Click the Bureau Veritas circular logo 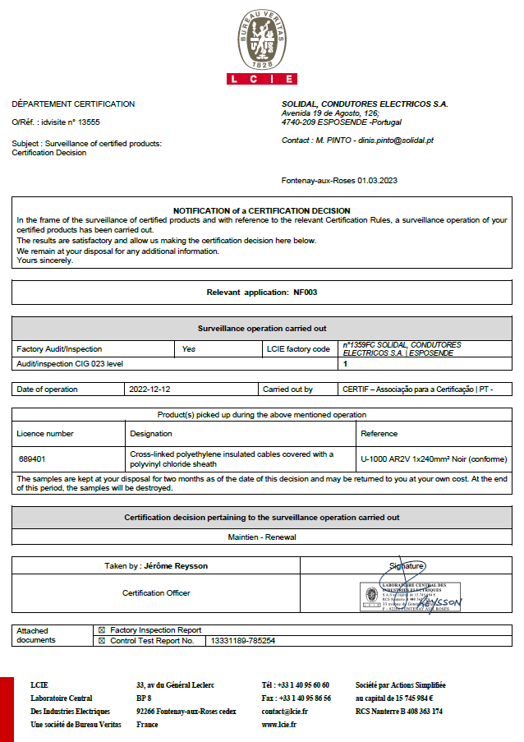(x=261, y=39)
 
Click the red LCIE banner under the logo (x=261, y=79)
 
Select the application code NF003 (x=304, y=292)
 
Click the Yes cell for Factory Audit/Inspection (x=189, y=349)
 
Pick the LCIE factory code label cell (x=297, y=349)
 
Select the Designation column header (x=151, y=433)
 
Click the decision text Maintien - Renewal (x=261, y=537)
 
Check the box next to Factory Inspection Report (x=102, y=629)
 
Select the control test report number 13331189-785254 (x=243, y=640)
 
